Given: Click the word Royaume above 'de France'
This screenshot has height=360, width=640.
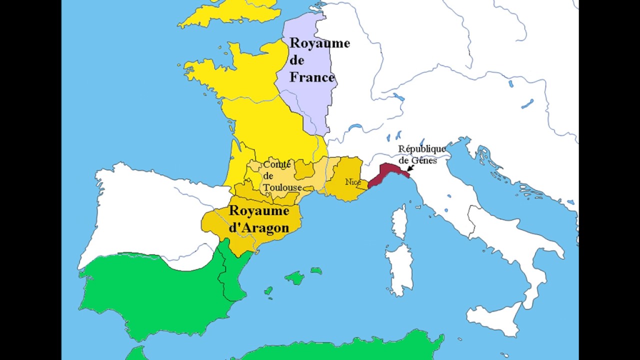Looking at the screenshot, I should point(319,43).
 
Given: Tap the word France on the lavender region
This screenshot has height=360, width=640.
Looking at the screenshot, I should point(312,77).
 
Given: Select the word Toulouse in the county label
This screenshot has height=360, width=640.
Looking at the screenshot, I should point(282,187).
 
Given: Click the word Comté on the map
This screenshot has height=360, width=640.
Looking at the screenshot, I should point(277,164).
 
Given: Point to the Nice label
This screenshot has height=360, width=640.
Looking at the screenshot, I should point(353,182).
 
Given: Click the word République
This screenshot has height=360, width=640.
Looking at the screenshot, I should point(421,149).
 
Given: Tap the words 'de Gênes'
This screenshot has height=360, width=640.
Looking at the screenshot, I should point(418,160).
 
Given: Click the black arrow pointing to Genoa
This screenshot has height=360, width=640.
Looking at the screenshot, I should point(410,170).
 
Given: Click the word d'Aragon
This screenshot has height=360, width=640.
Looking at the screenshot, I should point(259,228).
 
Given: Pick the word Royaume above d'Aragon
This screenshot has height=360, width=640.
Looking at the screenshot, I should point(258,210).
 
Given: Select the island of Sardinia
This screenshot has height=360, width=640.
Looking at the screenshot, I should point(399,268).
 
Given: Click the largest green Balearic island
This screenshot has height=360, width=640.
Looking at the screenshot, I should point(294,277).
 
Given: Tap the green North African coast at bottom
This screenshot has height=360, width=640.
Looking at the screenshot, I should point(350,347).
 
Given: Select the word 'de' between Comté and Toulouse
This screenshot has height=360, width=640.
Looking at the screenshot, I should point(268,176).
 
